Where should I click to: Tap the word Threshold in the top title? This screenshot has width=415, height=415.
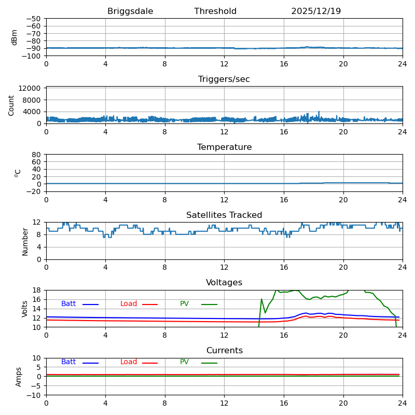pos(215,11)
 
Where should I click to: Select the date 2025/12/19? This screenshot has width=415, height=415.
pos(316,11)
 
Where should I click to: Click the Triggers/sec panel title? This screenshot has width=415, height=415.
pos(224,79)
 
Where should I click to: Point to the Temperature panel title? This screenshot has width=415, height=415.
pos(224,147)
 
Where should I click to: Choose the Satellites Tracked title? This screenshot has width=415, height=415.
pos(224,215)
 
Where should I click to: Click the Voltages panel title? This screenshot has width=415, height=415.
pos(224,283)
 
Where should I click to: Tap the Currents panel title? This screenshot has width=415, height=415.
pos(224,351)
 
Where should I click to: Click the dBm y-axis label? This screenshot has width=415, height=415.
pos(15,37)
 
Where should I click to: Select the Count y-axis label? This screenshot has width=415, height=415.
pos(11,105)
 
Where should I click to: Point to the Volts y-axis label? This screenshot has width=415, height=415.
pos(25,309)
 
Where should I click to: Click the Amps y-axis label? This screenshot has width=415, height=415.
pos(19,377)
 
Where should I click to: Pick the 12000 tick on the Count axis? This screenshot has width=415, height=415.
pos(31,89)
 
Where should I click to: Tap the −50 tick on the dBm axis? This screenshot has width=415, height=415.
pos(34,19)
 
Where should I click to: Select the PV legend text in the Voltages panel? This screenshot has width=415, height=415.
pos(185,304)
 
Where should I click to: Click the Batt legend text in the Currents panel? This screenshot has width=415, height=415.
pos(68,362)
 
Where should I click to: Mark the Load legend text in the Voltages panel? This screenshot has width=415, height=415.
pos(129,304)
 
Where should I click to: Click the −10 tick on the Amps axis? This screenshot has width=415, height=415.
pos(34,395)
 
